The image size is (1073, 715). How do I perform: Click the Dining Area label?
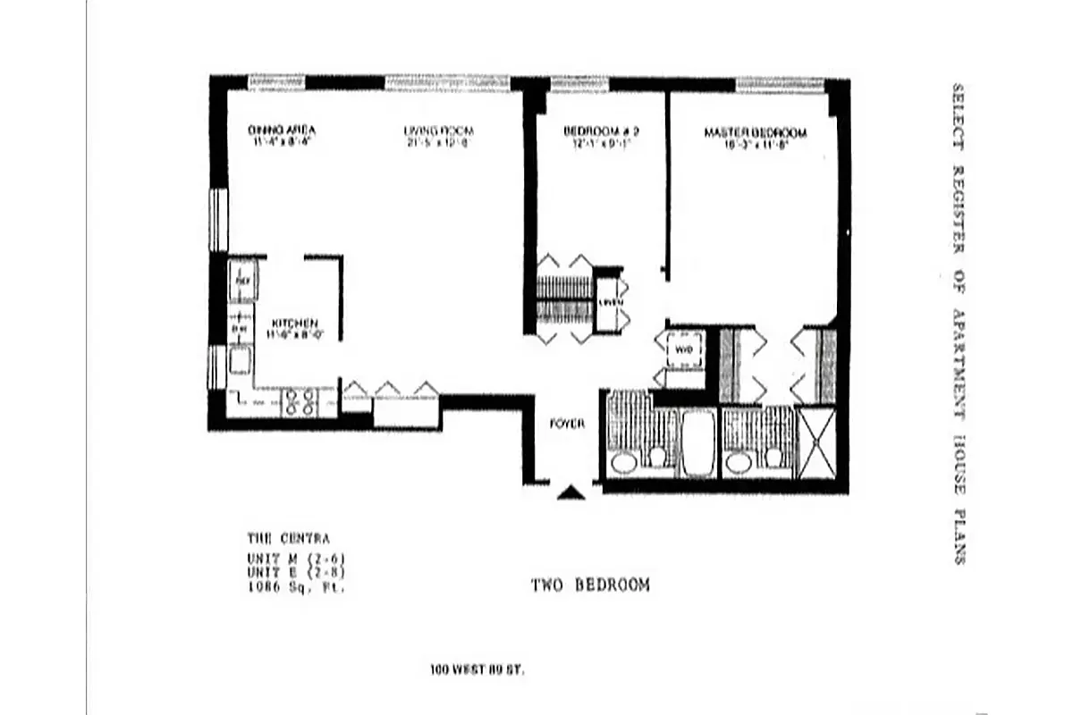tap(281, 131)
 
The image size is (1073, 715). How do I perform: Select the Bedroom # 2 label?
tap(600, 131)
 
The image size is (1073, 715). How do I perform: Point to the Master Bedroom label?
tap(755, 132)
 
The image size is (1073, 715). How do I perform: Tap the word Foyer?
tap(567, 424)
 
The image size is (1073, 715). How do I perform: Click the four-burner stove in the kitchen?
tap(299, 403)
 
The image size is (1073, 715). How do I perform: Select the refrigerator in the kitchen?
tap(242, 279)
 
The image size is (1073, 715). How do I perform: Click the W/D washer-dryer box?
tap(683, 349)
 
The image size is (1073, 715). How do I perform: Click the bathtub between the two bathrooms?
tap(697, 442)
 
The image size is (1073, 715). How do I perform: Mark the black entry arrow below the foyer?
tap(570, 492)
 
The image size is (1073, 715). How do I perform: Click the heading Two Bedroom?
tap(590, 585)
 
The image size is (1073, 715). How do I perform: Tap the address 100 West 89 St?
tap(477, 669)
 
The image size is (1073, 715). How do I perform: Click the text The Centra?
tap(288, 539)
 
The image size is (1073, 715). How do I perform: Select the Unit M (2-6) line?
tap(295, 559)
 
